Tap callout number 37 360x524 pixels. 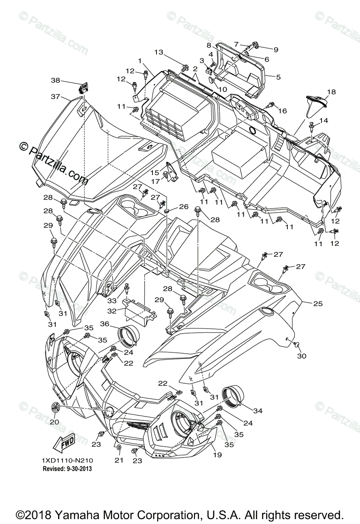(x=55, y=97)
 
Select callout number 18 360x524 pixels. (x=331, y=92)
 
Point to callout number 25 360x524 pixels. (x=318, y=303)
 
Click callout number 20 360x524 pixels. (x=54, y=422)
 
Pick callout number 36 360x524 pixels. (x=104, y=324)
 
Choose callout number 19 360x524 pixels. (x=217, y=455)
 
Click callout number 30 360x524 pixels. (x=301, y=356)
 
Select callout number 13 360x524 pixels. (x=158, y=52)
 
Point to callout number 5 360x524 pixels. (x=278, y=77)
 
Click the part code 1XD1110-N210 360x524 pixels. (x=67, y=461)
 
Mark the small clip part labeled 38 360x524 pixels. (x=83, y=88)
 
